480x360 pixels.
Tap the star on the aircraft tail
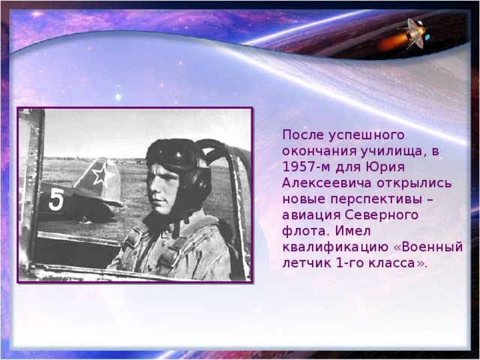pos(103,177)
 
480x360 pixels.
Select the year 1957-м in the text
pos(306,167)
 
